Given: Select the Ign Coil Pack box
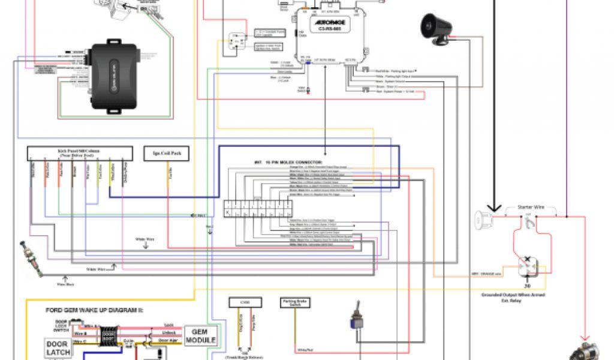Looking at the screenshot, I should click(x=166, y=154).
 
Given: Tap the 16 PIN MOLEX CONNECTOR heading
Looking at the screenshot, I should click(x=288, y=162).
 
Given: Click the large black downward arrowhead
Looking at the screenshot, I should click(x=495, y=207).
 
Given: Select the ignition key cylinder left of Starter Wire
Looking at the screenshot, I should click(x=481, y=220).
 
